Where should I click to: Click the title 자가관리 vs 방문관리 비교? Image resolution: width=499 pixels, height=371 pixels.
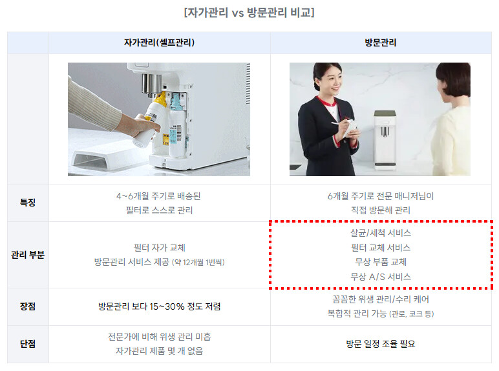point(249,13)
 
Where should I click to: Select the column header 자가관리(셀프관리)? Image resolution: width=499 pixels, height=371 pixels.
point(159,42)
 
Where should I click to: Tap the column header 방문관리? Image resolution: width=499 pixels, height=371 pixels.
point(381,42)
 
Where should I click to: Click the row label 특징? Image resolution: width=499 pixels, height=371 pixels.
point(28,203)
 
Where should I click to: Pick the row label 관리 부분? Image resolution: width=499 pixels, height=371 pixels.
point(28,255)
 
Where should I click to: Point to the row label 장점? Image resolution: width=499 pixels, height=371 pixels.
point(28,306)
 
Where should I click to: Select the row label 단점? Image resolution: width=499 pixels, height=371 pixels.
point(28,343)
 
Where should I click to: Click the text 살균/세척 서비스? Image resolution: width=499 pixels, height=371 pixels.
point(381,233)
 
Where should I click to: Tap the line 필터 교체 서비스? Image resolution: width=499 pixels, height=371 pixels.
point(381,247)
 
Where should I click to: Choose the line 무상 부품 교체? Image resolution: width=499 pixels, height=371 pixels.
point(381,262)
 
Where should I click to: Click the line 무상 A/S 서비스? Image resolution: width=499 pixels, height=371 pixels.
point(381,276)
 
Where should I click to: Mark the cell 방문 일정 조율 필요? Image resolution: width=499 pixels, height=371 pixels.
point(381,344)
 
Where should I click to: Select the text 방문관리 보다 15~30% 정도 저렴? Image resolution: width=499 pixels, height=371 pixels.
point(159,306)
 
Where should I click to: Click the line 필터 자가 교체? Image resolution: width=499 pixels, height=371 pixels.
point(159,247)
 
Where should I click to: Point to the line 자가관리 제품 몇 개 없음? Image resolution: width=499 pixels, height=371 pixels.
point(159,350)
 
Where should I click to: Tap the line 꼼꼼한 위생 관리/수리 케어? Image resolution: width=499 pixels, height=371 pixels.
point(381,299)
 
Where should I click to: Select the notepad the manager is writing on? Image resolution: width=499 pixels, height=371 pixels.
point(351,128)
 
